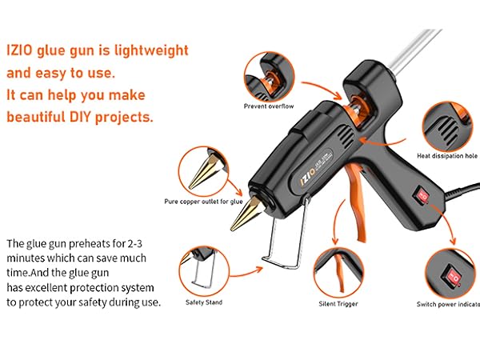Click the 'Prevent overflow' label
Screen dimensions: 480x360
coord(269,106)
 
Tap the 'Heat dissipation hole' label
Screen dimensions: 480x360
coord(447,156)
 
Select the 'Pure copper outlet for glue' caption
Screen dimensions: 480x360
coord(203,202)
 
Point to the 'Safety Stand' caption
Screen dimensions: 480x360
coord(204,302)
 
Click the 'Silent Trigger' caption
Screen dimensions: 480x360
coord(338,304)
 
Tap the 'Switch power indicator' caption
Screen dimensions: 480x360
coord(448,304)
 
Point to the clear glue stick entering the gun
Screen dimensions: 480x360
coord(414,50)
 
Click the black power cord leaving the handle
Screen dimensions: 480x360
coord(462,190)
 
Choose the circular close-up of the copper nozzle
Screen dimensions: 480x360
coord(203,171)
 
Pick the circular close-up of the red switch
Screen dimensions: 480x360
coord(450,274)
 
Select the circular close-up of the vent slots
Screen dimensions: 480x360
coord(447,126)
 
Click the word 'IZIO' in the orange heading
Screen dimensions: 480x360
coord(19,50)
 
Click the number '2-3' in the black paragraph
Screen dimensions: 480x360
coord(135,244)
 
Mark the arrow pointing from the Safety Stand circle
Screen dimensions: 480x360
coord(246,274)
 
